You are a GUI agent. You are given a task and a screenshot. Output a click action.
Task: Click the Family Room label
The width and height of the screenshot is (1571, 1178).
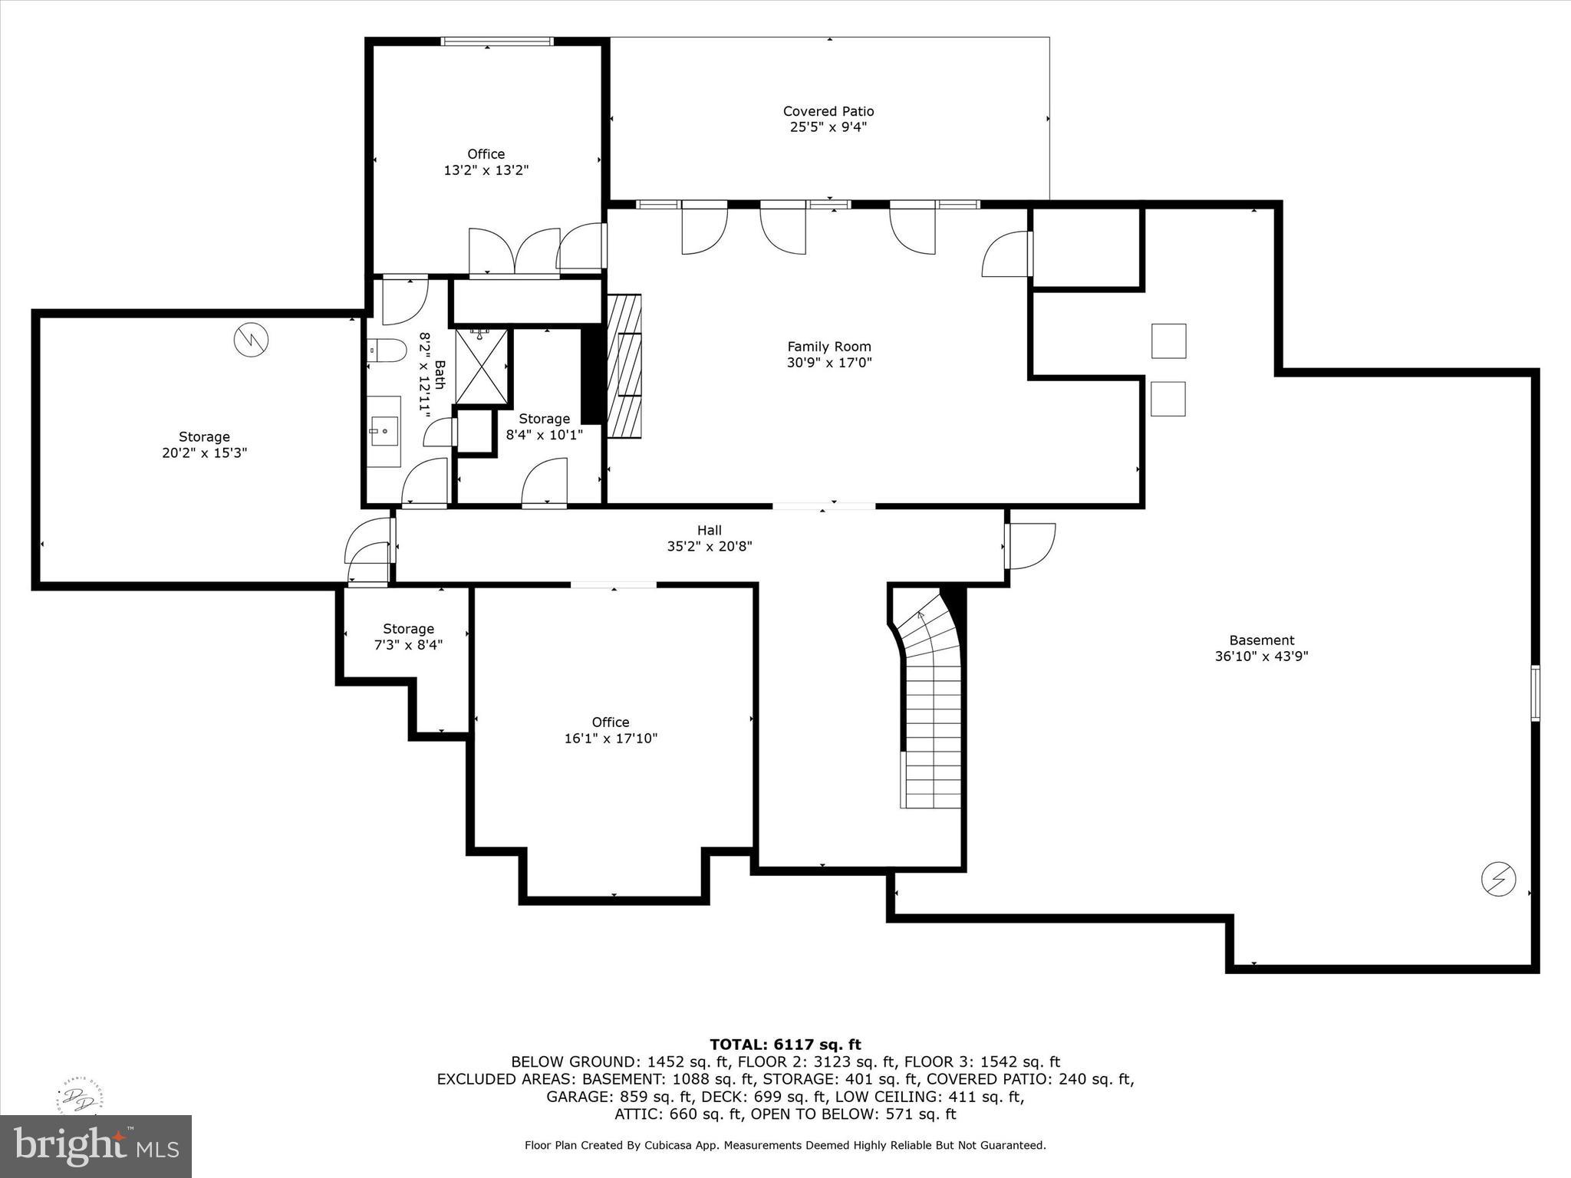pos(828,347)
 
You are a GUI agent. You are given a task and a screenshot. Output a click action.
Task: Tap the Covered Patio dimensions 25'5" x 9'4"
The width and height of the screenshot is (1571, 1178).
pos(828,127)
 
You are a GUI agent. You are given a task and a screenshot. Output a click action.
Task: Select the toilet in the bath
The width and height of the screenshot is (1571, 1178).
pos(387,350)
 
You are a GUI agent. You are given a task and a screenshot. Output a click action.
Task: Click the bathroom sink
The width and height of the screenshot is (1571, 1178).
pos(383,431)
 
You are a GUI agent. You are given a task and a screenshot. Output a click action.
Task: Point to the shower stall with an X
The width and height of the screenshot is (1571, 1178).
pos(482,367)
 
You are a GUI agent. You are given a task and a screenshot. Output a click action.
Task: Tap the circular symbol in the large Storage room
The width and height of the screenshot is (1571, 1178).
pos(251,340)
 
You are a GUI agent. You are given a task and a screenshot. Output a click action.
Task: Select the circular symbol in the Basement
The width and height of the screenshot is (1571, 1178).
pos(1497,879)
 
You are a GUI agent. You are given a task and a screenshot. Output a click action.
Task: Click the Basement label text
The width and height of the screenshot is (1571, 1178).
pos(1261,640)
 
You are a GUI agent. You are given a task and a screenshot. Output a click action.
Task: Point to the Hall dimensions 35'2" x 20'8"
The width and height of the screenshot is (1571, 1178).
pos(709,547)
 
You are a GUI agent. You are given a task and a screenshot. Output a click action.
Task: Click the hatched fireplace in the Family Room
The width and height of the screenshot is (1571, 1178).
pos(624,366)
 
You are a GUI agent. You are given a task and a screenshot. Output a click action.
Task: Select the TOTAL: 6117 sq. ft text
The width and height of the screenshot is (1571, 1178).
pos(785,1045)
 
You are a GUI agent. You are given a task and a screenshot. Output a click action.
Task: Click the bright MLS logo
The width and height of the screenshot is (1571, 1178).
pos(96,1146)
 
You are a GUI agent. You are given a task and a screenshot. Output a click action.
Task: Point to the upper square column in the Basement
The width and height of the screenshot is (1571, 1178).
pos(1168,341)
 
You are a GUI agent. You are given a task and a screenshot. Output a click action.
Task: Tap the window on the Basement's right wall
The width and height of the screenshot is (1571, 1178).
pos(1535,693)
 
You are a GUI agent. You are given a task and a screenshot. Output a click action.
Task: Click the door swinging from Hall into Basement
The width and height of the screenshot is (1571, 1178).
pos(1032,545)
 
